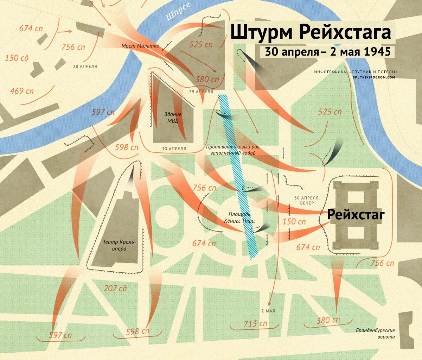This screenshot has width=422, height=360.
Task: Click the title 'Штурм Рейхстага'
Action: coord(311,32)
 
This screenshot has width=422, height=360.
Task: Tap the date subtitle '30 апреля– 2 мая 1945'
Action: coord(328,52)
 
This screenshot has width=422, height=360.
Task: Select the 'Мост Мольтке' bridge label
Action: coord(140,46)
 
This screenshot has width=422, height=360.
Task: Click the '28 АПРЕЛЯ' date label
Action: coord(85,66)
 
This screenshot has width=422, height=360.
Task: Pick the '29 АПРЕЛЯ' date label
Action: coord(201,91)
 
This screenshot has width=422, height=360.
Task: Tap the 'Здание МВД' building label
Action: coord(173,118)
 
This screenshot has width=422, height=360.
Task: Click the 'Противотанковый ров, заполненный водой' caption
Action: coord(233,150)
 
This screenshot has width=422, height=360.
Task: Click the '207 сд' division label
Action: coord(115,289)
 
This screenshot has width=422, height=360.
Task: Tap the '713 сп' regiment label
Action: coord(256,323)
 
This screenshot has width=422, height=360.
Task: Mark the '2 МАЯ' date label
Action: coord(268,311)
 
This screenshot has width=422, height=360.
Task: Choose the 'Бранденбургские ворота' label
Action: coord(375,334)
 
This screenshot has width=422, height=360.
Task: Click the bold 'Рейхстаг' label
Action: coord(356,214)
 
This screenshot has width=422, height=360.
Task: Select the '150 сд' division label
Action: coord(17,58)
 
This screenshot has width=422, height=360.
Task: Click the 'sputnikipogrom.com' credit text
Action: coord(375,77)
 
